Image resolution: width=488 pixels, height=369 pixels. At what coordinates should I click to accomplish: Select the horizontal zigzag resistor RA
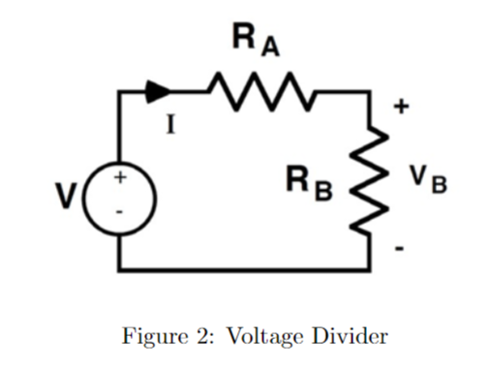[258, 93]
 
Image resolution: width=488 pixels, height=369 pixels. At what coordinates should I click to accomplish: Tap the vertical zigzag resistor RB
[369, 184]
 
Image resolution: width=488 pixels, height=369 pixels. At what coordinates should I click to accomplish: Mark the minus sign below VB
[398, 251]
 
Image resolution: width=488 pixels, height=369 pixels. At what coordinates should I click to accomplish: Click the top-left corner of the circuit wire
[120, 93]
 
